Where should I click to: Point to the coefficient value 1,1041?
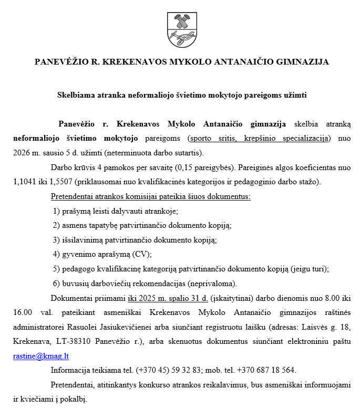point(25,182)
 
